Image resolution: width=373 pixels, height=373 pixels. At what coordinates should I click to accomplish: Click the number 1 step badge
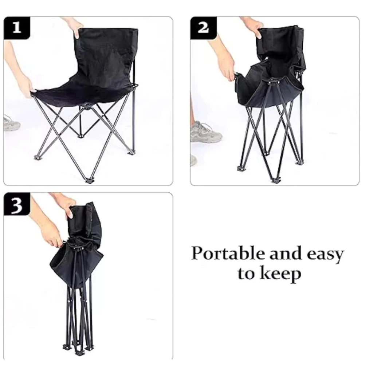[x=17, y=28]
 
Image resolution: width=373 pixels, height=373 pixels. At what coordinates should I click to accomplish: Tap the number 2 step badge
[x=203, y=28]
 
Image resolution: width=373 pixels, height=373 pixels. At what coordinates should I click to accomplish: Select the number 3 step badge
[x=17, y=204]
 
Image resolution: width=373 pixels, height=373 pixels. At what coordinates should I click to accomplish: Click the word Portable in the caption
[x=228, y=253]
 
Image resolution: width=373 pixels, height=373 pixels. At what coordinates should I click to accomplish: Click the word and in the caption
[x=286, y=253]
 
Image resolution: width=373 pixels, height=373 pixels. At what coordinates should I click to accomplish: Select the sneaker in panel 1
[x=11, y=123]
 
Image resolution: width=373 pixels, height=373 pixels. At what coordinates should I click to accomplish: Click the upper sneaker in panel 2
[x=206, y=132]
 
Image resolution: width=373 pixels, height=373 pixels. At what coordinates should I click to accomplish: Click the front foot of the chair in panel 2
[x=276, y=180]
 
